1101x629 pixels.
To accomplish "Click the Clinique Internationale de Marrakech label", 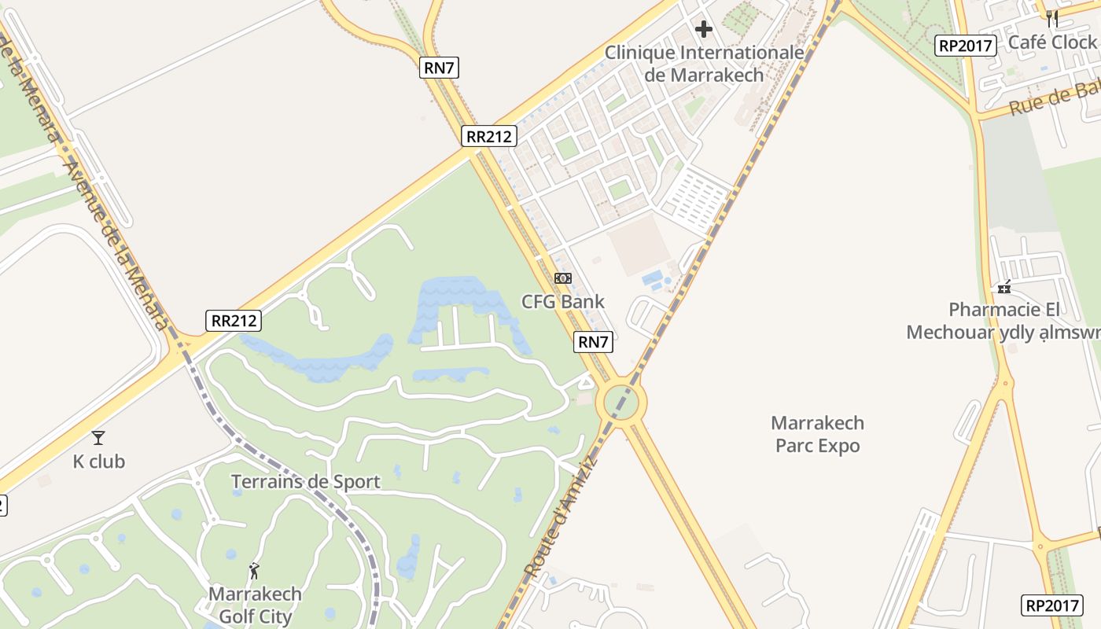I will point(704,64).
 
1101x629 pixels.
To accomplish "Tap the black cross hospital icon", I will point(704,29).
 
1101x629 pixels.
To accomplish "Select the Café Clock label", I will point(1051,42).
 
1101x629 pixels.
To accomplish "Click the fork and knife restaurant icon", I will point(1051,17).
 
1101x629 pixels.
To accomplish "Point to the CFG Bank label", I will point(563,301).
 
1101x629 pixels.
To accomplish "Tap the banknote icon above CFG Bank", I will point(563,278).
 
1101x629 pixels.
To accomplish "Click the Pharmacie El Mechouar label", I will point(1003,321).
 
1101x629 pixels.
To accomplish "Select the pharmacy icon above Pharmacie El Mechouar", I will point(1003,286).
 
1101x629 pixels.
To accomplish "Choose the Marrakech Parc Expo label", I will point(818,434).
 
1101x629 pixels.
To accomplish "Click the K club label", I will point(99,462).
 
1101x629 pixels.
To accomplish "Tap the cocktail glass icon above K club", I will point(98,438).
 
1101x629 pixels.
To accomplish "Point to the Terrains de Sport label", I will point(306,481).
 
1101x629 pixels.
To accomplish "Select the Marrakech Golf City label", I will point(255,605).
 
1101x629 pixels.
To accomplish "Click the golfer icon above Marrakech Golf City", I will point(254,572).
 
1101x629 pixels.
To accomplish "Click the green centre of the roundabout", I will point(621,403).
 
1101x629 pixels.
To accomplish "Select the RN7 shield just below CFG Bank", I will point(594,342).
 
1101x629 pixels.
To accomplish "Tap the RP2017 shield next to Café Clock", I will point(966,46).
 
